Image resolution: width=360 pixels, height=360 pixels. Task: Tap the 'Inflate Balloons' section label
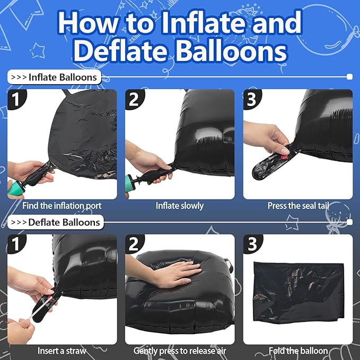coord(55,77)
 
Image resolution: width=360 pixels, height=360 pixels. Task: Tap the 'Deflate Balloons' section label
coord(56,222)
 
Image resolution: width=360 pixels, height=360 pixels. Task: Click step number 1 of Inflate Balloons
coord(15,99)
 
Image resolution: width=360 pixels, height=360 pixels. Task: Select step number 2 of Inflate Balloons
coord(134,99)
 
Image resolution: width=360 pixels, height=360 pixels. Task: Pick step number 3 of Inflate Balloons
coord(252,99)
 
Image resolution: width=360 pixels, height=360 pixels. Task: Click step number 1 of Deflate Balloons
coord(15,244)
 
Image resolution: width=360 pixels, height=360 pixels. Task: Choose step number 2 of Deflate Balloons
coord(134,244)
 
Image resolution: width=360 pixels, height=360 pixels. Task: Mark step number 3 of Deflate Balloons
coord(252,244)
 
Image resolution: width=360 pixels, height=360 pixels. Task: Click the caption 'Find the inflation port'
coord(62,206)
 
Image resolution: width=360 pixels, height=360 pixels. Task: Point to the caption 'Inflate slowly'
coord(180,206)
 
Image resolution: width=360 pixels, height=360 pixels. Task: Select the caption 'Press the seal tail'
coord(298,206)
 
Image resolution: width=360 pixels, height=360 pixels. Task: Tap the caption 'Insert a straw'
coord(62,351)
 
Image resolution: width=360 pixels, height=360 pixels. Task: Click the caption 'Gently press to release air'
coord(180,351)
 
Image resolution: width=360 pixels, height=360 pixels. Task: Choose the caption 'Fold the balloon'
coord(298,351)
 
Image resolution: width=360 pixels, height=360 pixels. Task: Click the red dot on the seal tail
coord(284,157)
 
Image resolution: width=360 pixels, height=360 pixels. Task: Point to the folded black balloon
coord(298,293)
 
